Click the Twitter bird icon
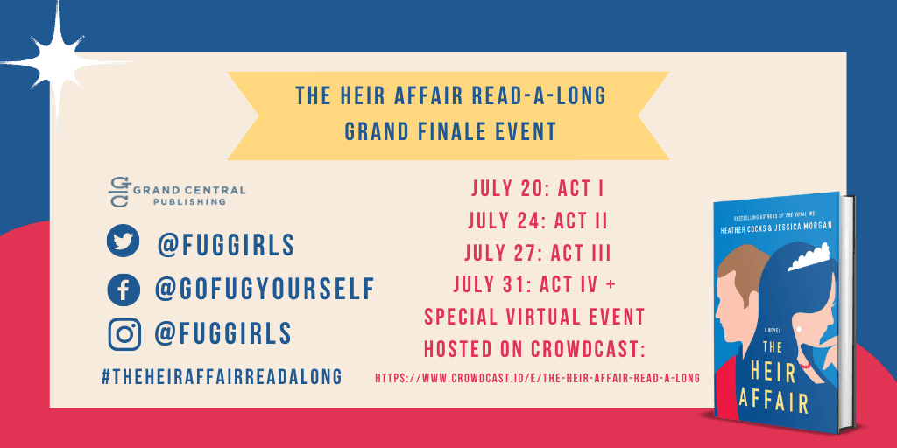(x=123, y=241)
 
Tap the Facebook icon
(x=123, y=289)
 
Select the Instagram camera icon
(x=124, y=333)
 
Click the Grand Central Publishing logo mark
(x=118, y=192)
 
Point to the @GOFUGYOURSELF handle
(x=265, y=289)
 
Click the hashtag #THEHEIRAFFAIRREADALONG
(x=222, y=376)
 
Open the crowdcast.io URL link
(x=537, y=378)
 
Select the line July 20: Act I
(x=538, y=189)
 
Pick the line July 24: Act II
(x=538, y=220)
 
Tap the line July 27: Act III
(x=538, y=253)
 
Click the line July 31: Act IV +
(x=535, y=284)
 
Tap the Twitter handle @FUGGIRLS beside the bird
(x=226, y=245)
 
